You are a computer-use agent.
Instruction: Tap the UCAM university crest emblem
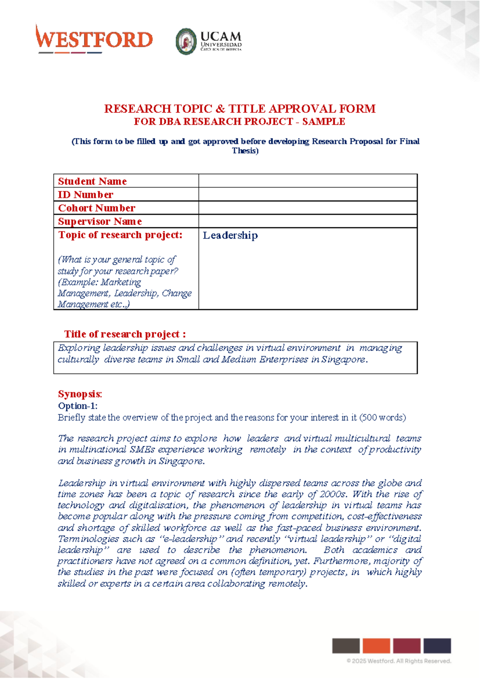(x=186, y=42)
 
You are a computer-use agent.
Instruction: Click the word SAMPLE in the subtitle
(x=324, y=122)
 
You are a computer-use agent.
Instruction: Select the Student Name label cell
(x=92, y=181)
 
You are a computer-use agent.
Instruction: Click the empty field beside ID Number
(x=308, y=195)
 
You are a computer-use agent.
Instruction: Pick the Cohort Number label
(x=97, y=208)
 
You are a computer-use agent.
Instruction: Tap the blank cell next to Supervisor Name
(x=308, y=221)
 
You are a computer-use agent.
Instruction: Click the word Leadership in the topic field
(x=230, y=235)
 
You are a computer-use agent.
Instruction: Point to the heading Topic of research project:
(x=120, y=235)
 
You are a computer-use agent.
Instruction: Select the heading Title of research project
(x=125, y=334)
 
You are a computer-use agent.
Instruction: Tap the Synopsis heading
(x=80, y=394)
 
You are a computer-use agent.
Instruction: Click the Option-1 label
(x=78, y=406)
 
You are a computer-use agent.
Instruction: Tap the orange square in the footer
(x=376, y=646)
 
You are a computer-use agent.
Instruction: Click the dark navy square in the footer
(x=437, y=646)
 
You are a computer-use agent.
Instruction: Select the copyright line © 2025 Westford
(x=399, y=661)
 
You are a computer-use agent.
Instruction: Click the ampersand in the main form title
(x=220, y=109)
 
